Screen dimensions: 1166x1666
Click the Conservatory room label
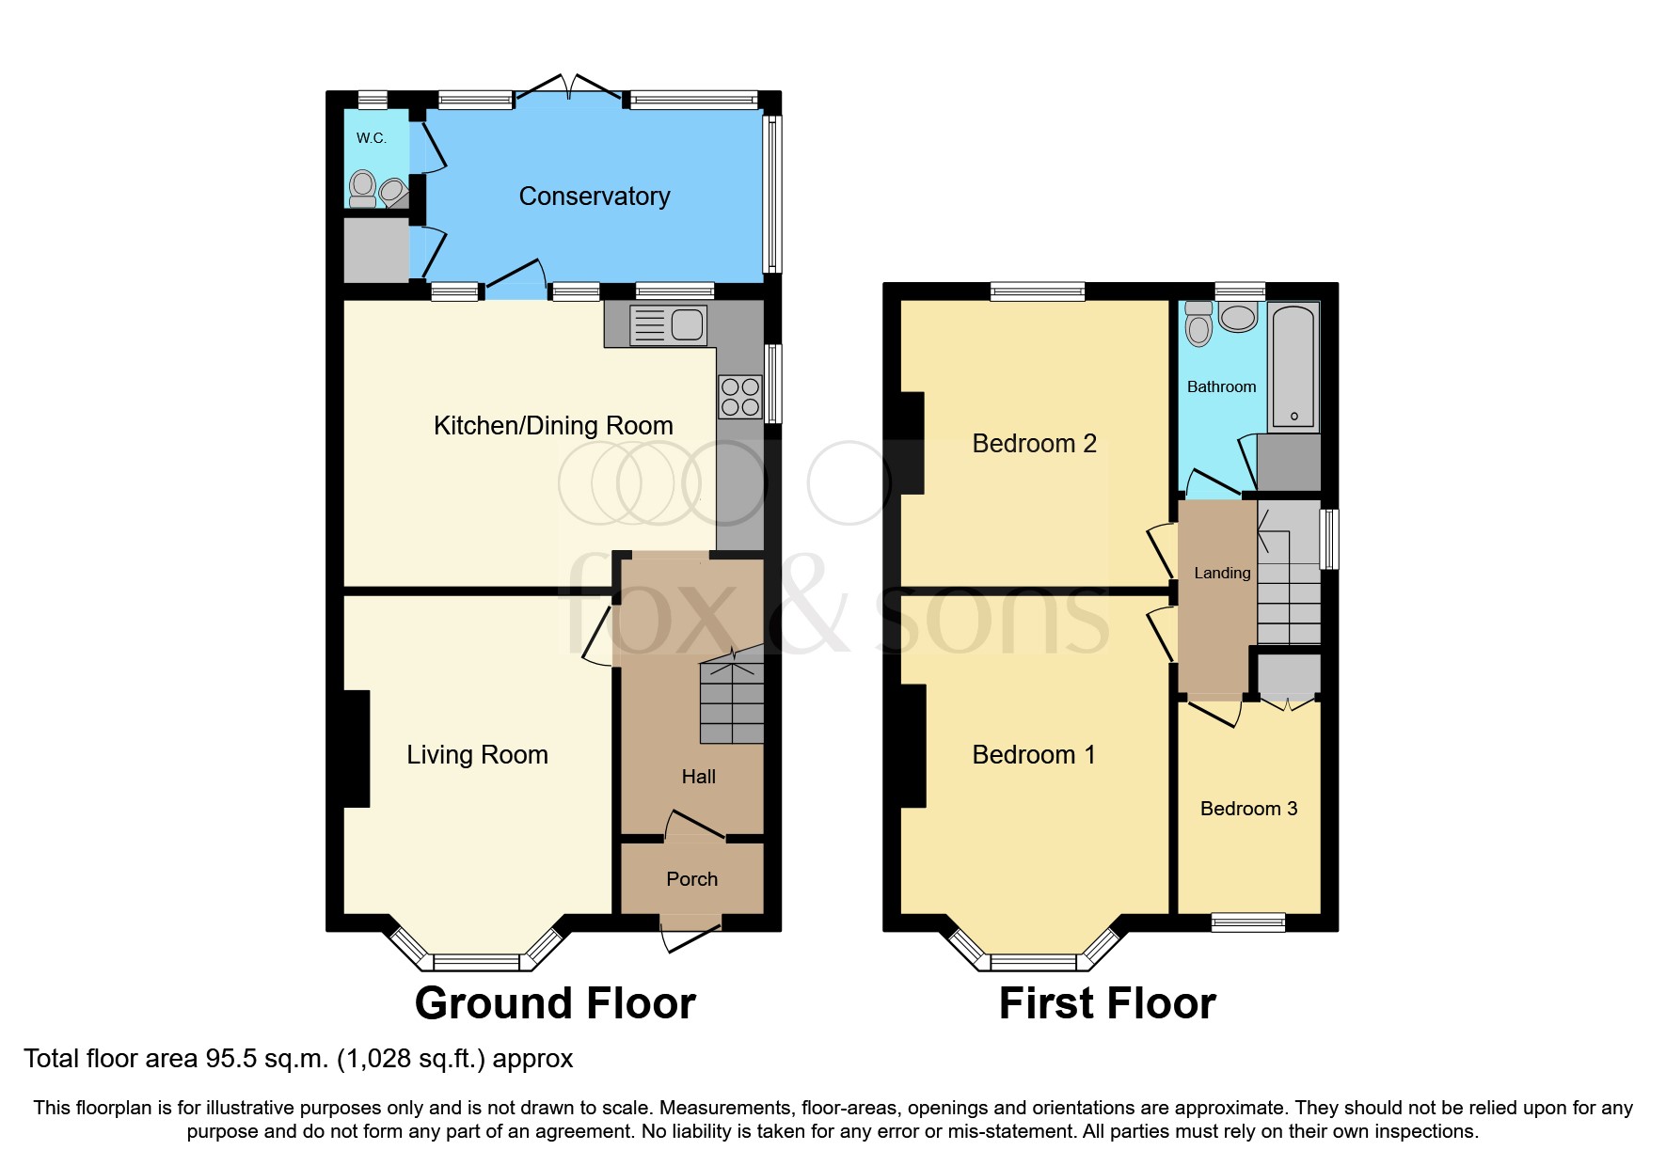[x=594, y=196]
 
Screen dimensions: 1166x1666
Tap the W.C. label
[x=371, y=138]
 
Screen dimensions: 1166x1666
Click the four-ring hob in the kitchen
[x=739, y=397]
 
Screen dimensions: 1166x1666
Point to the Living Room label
[x=477, y=755]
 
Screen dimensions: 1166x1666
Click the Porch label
[x=691, y=879]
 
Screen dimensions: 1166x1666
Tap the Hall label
[x=698, y=777]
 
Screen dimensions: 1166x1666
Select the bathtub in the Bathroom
[x=1293, y=367]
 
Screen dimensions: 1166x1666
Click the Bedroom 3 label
[x=1248, y=809]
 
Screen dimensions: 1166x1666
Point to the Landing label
[x=1222, y=573]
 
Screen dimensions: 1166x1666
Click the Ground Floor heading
[x=555, y=1003]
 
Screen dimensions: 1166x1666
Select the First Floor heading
[x=1106, y=1003]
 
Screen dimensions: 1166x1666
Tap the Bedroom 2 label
[x=1034, y=444]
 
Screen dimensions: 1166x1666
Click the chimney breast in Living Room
[x=357, y=748]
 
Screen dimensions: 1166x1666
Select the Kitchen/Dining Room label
[x=553, y=426]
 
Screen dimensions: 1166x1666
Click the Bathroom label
[x=1221, y=386]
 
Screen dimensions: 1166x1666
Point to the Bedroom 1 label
[x=1033, y=755]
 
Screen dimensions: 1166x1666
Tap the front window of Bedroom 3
[x=1248, y=922]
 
